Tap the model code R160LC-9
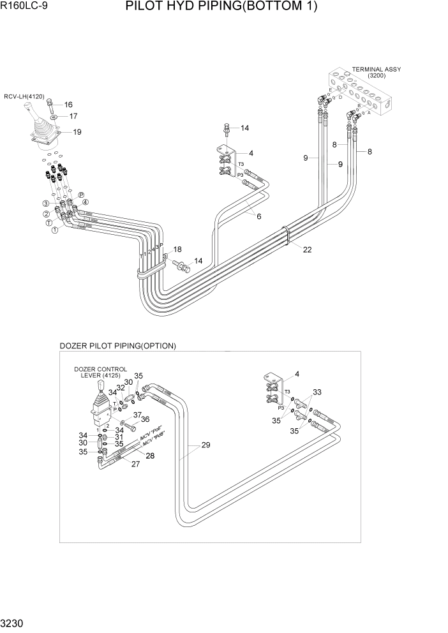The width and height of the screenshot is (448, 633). click(x=26, y=8)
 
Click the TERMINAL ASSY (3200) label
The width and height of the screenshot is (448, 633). click(x=377, y=73)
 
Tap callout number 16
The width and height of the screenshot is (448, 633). click(x=68, y=105)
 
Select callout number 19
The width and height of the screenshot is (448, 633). click(x=77, y=132)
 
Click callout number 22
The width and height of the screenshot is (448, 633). click(x=307, y=249)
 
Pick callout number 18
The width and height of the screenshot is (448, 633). click(x=177, y=249)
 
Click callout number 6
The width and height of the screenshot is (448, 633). click(x=258, y=216)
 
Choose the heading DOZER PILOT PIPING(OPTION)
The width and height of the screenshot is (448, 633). click(x=117, y=346)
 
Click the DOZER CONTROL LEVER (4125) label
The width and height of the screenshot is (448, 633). click(x=100, y=373)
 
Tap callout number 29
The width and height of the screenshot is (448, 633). click(x=205, y=445)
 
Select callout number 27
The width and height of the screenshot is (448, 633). click(x=135, y=465)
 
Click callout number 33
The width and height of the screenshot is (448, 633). click(x=317, y=392)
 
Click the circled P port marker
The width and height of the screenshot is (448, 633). click(x=81, y=195)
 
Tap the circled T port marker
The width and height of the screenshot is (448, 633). click(x=49, y=223)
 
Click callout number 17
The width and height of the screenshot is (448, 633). click(x=73, y=116)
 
